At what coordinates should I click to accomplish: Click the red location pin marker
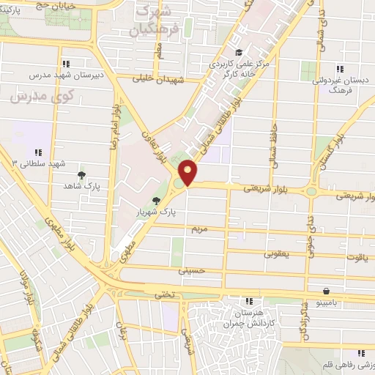(x=189, y=172)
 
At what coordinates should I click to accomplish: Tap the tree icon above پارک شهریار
(x=155, y=199)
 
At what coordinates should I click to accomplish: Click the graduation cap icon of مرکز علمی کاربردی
(x=239, y=52)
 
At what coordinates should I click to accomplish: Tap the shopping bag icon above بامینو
(x=326, y=290)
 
